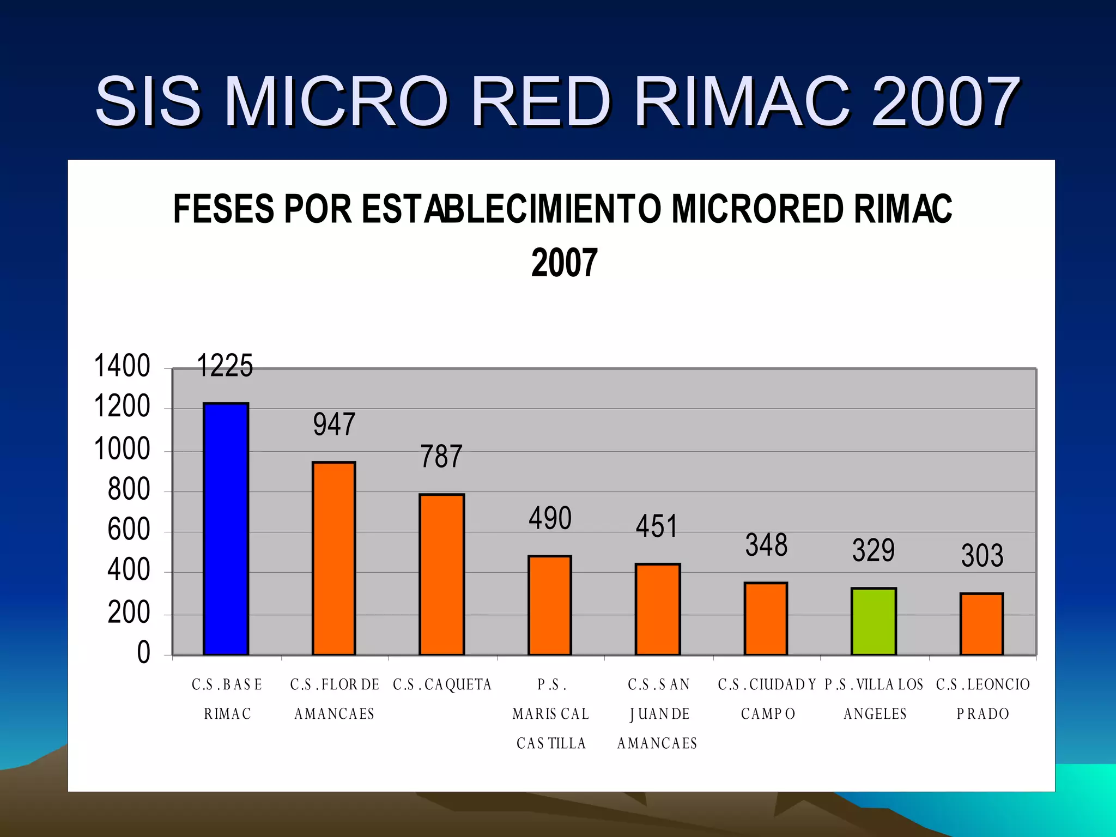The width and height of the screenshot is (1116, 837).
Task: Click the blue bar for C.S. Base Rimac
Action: pyautogui.click(x=226, y=529)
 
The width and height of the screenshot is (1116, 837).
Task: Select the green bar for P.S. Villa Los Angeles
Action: pyautogui.click(x=874, y=621)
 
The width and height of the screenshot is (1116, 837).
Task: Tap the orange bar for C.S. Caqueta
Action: pyautogui.click(x=441, y=574)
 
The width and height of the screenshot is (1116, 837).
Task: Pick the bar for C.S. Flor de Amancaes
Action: pyautogui.click(x=333, y=558)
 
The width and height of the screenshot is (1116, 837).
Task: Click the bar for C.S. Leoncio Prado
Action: pyautogui.click(x=981, y=624)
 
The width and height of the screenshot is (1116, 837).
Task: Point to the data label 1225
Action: pyautogui.click(x=225, y=366)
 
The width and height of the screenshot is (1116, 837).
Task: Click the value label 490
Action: pyautogui.click(x=550, y=518)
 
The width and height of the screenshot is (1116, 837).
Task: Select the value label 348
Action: pyautogui.click(x=766, y=545)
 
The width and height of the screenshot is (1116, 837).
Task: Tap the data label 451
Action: pyautogui.click(x=657, y=526)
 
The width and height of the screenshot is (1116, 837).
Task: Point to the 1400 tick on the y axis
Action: pyautogui.click(x=122, y=366)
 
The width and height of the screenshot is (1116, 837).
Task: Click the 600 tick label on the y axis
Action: pyautogui.click(x=129, y=530)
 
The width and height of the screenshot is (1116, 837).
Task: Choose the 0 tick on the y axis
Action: pyautogui.click(x=143, y=652)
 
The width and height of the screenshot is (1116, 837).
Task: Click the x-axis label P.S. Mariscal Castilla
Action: pyautogui.click(x=551, y=713)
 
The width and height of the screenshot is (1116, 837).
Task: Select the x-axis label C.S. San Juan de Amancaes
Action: pyautogui.click(x=658, y=713)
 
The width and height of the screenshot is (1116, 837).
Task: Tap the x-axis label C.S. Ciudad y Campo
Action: pyautogui.click(x=767, y=699)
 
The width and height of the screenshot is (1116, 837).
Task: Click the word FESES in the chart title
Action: pyautogui.click(x=224, y=209)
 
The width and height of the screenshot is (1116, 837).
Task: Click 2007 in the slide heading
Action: pyautogui.click(x=945, y=102)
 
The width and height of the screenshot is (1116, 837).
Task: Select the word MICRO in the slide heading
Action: pyautogui.click(x=336, y=102)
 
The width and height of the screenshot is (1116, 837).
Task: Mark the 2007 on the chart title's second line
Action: pyautogui.click(x=564, y=263)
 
